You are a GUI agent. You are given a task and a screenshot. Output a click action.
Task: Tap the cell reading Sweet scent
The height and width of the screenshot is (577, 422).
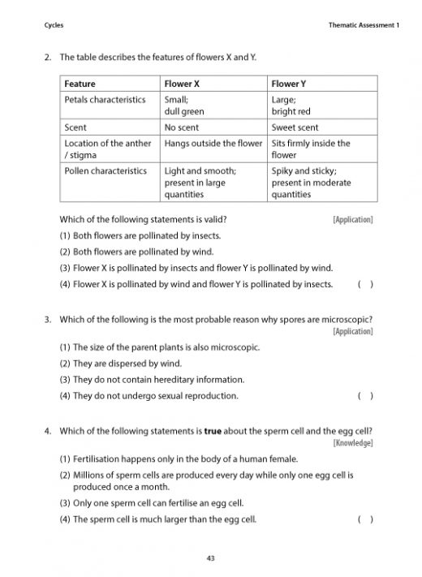pyautogui.click(x=295, y=127)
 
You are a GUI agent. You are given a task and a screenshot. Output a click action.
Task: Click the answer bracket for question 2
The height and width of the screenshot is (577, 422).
pyautogui.click(x=365, y=285)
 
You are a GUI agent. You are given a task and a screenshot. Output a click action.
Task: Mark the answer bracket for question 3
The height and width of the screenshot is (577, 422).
pyautogui.click(x=365, y=396)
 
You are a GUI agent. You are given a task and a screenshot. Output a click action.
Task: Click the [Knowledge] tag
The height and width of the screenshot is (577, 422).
pyautogui.click(x=353, y=442)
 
